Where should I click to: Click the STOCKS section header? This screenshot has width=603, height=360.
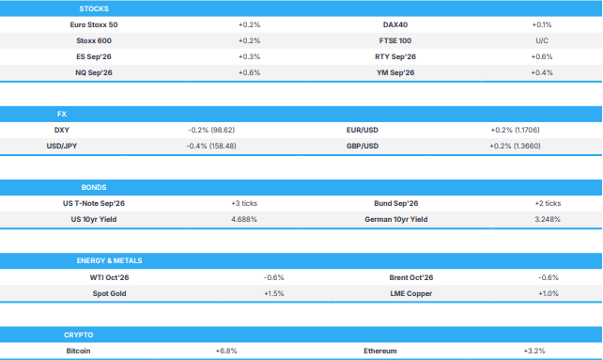click(94, 8)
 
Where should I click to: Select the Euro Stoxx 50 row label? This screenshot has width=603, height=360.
click(94, 24)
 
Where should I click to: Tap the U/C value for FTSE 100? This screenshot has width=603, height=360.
click(542, 40)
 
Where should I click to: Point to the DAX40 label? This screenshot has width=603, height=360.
click(395, 24)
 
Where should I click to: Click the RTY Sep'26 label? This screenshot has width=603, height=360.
click(395, 56)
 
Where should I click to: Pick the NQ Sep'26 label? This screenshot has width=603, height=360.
click(94, 72)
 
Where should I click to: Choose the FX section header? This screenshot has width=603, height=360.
click(62, 114)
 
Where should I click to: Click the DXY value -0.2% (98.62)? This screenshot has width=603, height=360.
click(211, 130)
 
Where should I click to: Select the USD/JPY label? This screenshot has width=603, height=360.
click(62, 146)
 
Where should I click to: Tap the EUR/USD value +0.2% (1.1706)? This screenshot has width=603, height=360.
click(515, 130)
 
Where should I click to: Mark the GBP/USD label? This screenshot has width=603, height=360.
click(363, 146)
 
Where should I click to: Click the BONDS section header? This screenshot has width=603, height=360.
click(94, 187)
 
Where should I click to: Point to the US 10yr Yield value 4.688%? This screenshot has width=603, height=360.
click(244, 219)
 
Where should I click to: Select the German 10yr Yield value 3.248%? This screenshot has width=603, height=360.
click(548, 219)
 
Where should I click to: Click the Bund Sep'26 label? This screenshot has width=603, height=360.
click(396, 203)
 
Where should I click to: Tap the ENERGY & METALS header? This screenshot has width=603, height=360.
click(109, 260)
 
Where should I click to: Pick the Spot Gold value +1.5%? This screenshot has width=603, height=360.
click(274, 294)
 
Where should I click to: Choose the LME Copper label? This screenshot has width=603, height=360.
click(411, 294)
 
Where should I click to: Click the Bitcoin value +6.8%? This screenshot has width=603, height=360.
click(226, 352)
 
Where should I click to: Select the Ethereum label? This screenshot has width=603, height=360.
click(380, 352)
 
